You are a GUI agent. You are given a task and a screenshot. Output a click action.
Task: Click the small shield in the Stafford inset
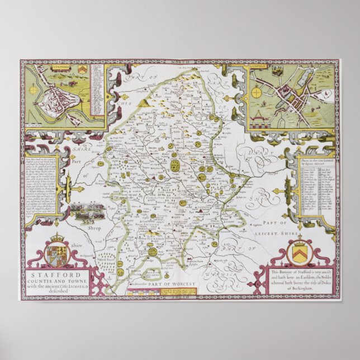click(x=83, y=70)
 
